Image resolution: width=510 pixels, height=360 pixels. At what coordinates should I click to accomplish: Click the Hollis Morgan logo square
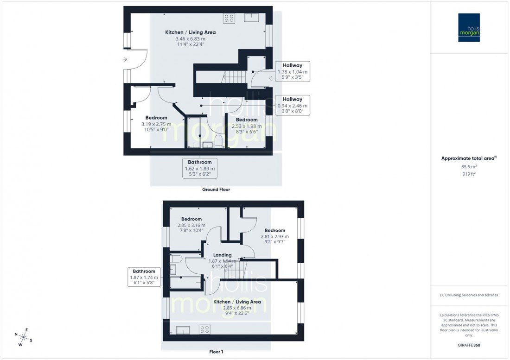click(x=469, y=27)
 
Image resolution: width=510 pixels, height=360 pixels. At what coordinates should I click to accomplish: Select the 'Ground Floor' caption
click(x=216, y=189)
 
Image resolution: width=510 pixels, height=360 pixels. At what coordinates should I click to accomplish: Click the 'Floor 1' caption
click(x=216, y=352)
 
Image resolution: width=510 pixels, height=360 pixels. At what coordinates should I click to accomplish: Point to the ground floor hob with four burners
click(x=229, y=19)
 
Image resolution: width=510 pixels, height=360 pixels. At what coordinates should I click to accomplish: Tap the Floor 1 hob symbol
click(x=205, y=329)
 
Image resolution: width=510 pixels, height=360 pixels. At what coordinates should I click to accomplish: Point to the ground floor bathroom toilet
click(x=219, y=141)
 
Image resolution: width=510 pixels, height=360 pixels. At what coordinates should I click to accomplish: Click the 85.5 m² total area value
click(x=469, y=167)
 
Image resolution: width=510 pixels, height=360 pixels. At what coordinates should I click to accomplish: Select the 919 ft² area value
click(x=469, y=174)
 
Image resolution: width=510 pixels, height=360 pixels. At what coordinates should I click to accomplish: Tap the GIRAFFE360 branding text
click(x=469, y=345)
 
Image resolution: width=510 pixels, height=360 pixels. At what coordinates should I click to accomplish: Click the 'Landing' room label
click(x=222, y=255)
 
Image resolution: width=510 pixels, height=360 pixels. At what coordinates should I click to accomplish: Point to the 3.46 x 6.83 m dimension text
click(x=191, y=39)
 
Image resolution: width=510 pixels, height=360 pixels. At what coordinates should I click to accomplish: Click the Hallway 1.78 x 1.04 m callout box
click(x=293, y=71)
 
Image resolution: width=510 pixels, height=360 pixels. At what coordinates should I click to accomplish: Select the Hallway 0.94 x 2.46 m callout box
click(x=293, y=105)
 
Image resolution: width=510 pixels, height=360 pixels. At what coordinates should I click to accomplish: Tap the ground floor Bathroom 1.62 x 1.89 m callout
click(x=200, y=168)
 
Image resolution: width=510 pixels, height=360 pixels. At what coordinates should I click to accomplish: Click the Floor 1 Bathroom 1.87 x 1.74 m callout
click(x=144, y=277)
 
